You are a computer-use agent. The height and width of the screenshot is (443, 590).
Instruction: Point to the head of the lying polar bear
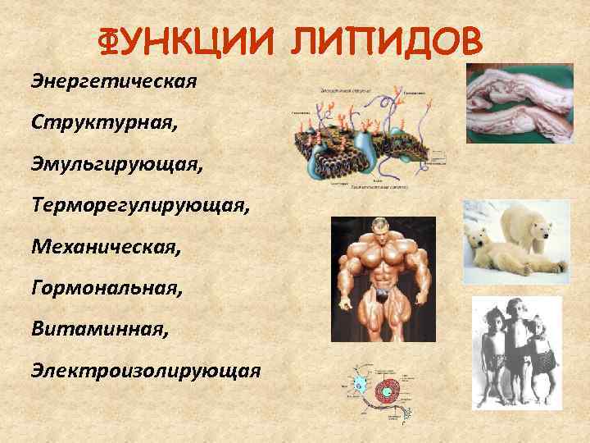[479, 244]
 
